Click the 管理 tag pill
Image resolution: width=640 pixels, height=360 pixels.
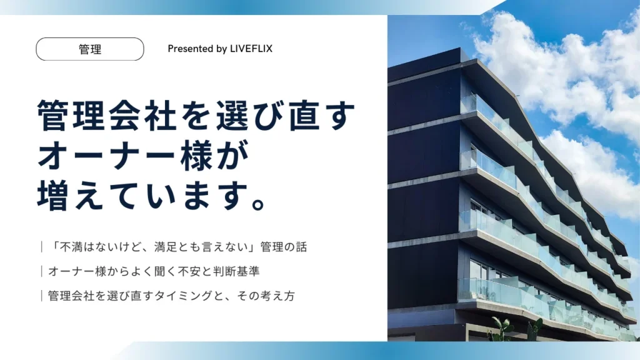coord(90,49)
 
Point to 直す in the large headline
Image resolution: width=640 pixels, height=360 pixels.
coord(322,117)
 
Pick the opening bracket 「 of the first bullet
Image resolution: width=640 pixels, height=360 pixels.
coord(54,247)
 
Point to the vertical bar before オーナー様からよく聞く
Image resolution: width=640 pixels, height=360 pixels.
coord(41,271)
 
